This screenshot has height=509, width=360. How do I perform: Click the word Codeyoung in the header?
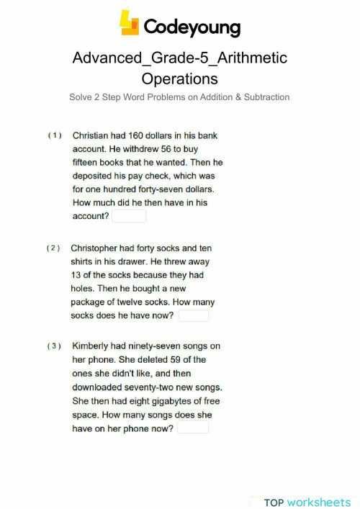(x=192, y=27)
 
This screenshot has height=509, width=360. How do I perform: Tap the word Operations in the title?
(x=179, y=78)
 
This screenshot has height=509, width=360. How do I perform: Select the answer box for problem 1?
(x=129, y=216)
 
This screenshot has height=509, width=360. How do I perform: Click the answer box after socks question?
(x=194, y=315)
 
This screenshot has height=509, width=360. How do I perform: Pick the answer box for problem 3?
(x=193, y=428)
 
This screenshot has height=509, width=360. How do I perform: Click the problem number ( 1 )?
(x=55, y=135)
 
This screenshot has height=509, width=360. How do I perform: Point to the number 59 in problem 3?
(x=176, y=359)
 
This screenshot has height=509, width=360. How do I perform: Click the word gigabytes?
(x=167, y=401)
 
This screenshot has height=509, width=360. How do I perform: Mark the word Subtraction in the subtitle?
(x=264, y=97)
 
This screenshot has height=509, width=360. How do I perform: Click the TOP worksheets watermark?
(x=307, y=502)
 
